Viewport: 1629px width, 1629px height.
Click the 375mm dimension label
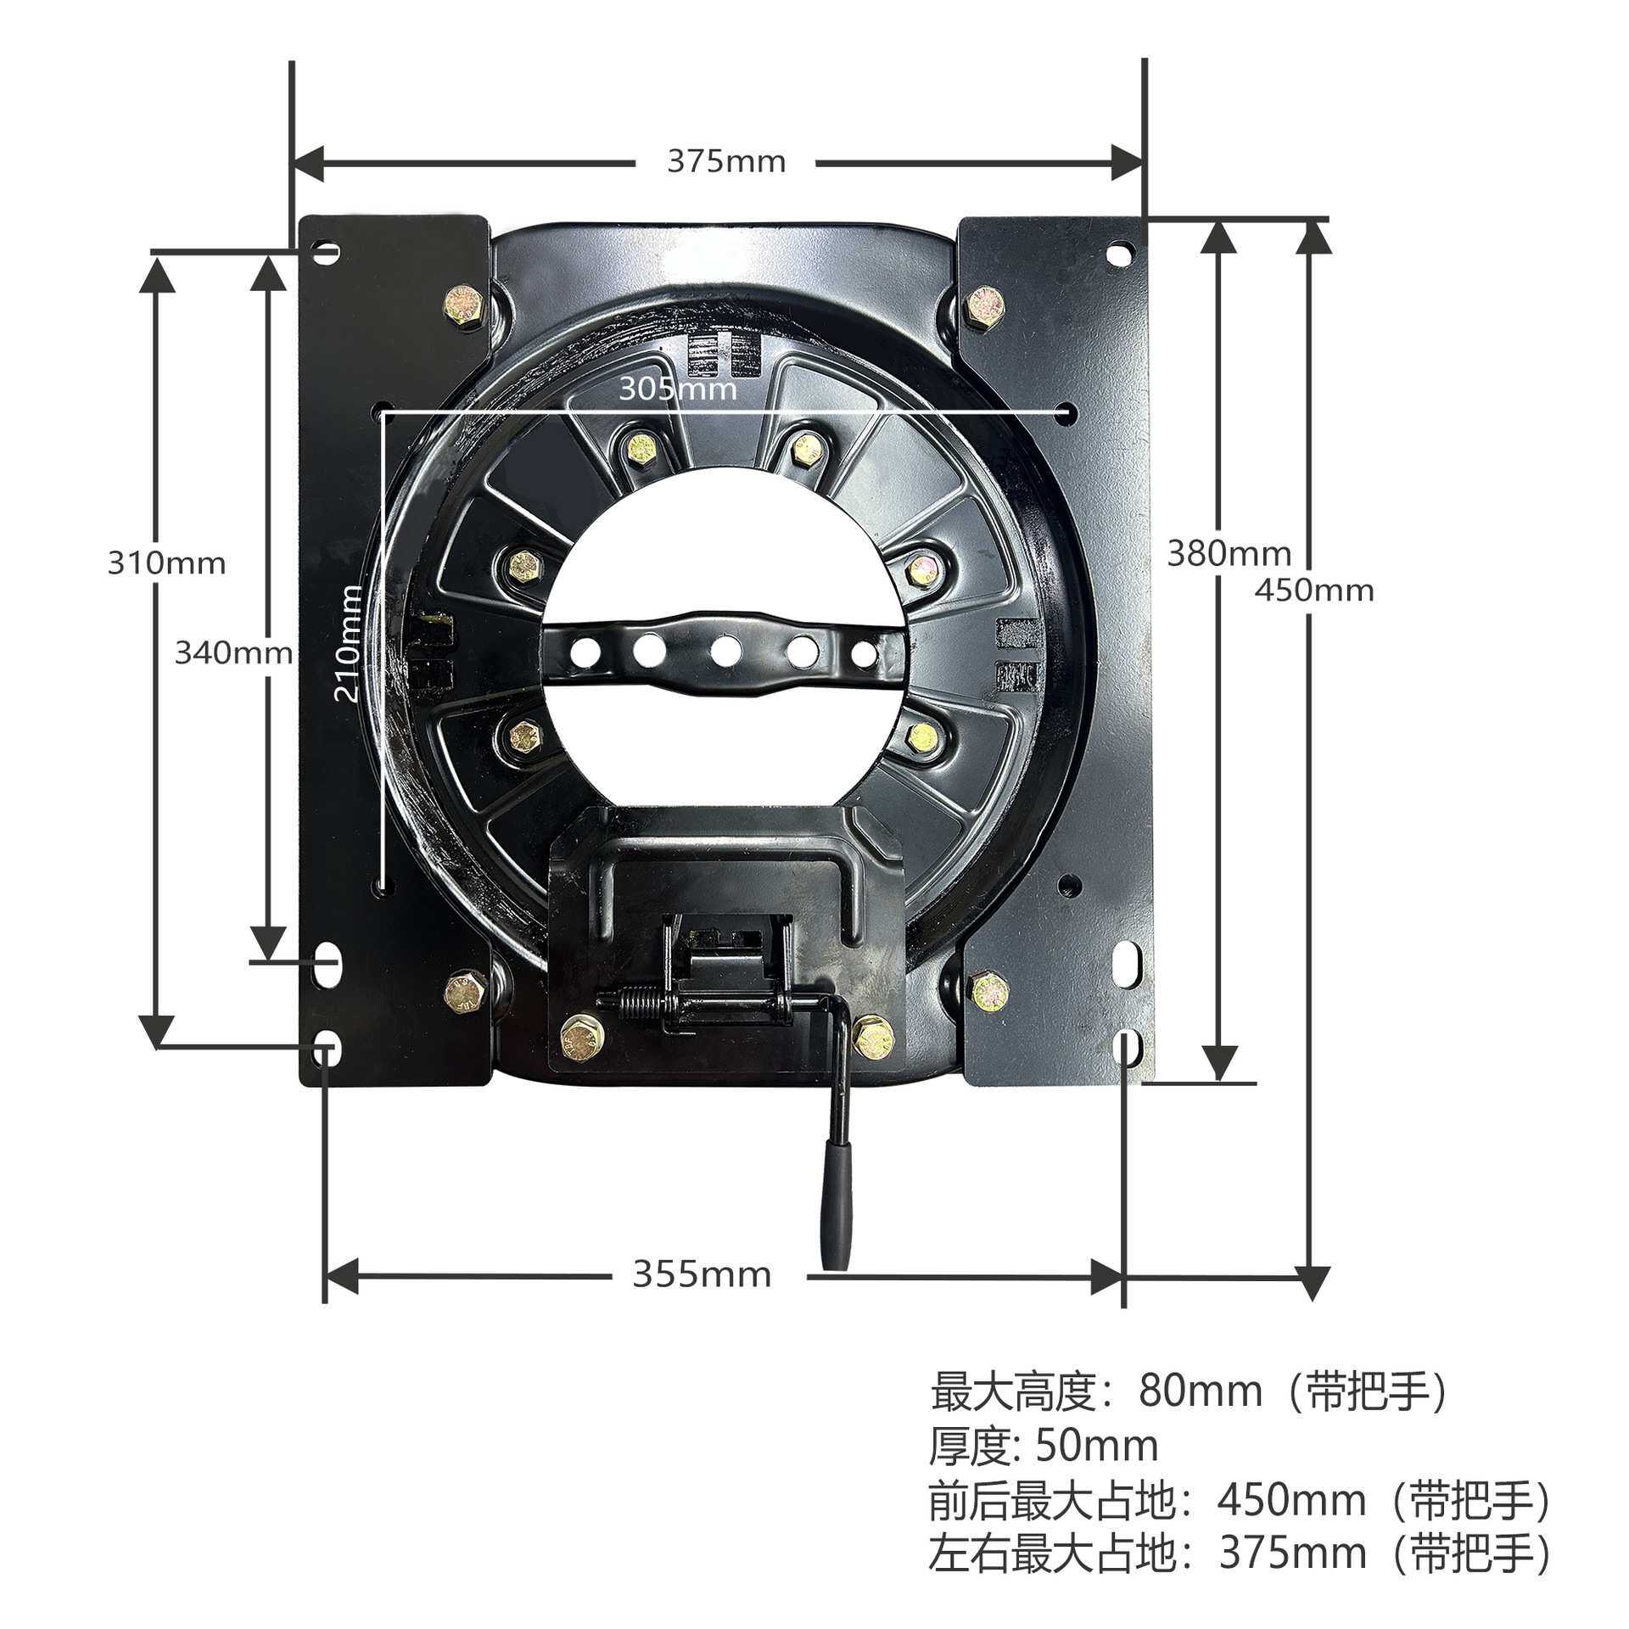[726, 161]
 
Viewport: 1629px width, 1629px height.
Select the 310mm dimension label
[167, 563]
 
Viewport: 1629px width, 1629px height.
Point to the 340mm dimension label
[233, 652]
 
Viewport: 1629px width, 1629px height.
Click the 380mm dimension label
[1229, 554]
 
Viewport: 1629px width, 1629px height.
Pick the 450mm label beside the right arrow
[1314, 590]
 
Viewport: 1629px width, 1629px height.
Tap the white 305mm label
[677, 389]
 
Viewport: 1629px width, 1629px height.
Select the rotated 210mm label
[347, 643]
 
